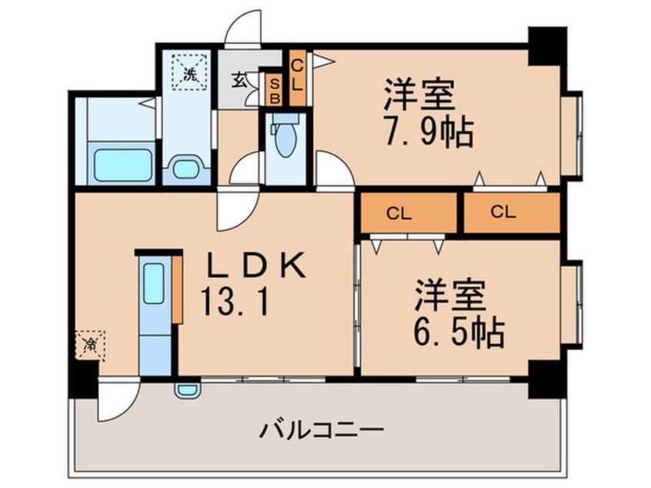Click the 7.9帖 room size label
(428, 132)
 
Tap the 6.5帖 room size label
(459, 333)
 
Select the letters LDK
(256, 266)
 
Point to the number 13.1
(235, 302)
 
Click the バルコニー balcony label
(321, 430)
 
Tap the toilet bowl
(285, 138)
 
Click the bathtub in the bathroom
(122, 165)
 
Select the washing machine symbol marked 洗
(189, 72)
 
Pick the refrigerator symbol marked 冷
(90, 345)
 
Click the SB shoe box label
(275, 90)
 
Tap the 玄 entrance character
(238, 80)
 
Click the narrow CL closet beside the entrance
(298, 77)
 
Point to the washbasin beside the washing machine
(185, 169)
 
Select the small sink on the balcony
(188, 390)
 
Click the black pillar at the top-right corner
(547, 45)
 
